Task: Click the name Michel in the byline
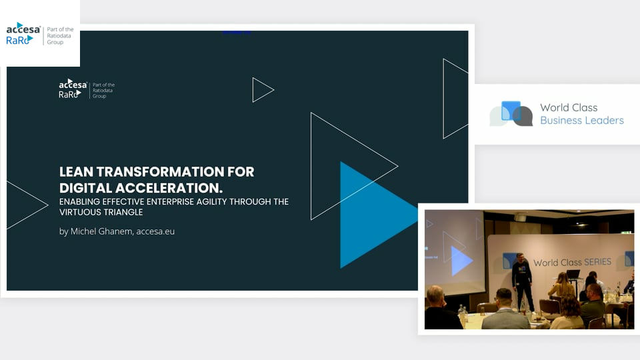click(83, 231)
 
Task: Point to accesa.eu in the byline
click(155, 231)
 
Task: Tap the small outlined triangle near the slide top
click(263, 90)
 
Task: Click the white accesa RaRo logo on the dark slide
click(73, 89)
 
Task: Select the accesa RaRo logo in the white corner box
click(23, 34)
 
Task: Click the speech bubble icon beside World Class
click(511, 113)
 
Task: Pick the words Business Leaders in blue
click(581, 121)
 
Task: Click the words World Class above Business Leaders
click(569, 107)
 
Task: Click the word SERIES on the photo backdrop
click(597, 261)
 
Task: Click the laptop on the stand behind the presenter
click(573, 274)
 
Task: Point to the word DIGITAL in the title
click(85, 188)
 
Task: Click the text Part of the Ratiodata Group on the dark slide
click(103, 91)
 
